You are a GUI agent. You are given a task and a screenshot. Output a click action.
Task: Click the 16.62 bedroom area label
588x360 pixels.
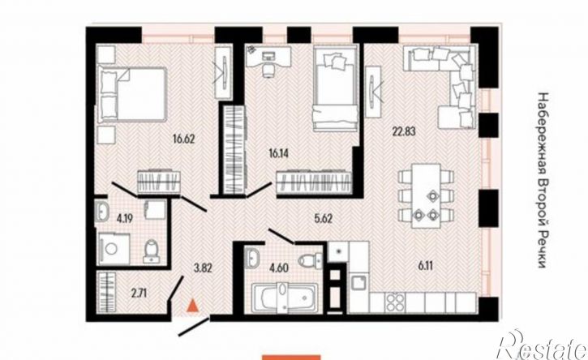coord(184,139)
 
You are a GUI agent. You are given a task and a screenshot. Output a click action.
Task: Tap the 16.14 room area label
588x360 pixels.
coord(279,152)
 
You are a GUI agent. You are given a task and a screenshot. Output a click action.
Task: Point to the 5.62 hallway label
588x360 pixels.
coord(324,218)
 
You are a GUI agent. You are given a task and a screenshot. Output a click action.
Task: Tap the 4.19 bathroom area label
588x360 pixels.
coord(125,218)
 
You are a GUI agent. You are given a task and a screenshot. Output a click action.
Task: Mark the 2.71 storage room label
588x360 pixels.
coord(139,293)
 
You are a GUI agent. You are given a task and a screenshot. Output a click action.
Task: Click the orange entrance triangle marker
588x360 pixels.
coord(193,306)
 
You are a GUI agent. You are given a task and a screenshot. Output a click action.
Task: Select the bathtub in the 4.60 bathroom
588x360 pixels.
coord(285,298)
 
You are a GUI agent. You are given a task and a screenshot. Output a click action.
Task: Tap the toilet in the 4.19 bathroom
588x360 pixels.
coord(152,251)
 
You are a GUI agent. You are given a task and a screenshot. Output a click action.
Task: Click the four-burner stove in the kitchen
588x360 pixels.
coord(395,302)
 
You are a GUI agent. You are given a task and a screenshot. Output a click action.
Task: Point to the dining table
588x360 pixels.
coord(426,195)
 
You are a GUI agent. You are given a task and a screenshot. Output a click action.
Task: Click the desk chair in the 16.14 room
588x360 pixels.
coord(268,71)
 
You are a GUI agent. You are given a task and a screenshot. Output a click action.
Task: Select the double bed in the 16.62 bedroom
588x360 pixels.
coord(132,95)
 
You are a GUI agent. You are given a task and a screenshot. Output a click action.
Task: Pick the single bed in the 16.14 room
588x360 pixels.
coord(335,88)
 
